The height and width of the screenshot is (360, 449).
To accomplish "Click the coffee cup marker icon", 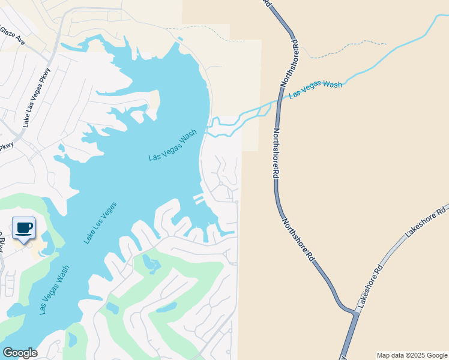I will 23,229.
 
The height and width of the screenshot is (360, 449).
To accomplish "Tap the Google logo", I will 20,353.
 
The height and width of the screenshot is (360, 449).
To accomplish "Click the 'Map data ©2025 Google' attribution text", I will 412,355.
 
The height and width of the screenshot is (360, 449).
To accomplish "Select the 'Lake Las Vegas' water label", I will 100,223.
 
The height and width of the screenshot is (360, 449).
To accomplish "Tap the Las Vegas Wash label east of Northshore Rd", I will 315,90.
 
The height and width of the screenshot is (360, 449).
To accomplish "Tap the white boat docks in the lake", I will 198,199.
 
